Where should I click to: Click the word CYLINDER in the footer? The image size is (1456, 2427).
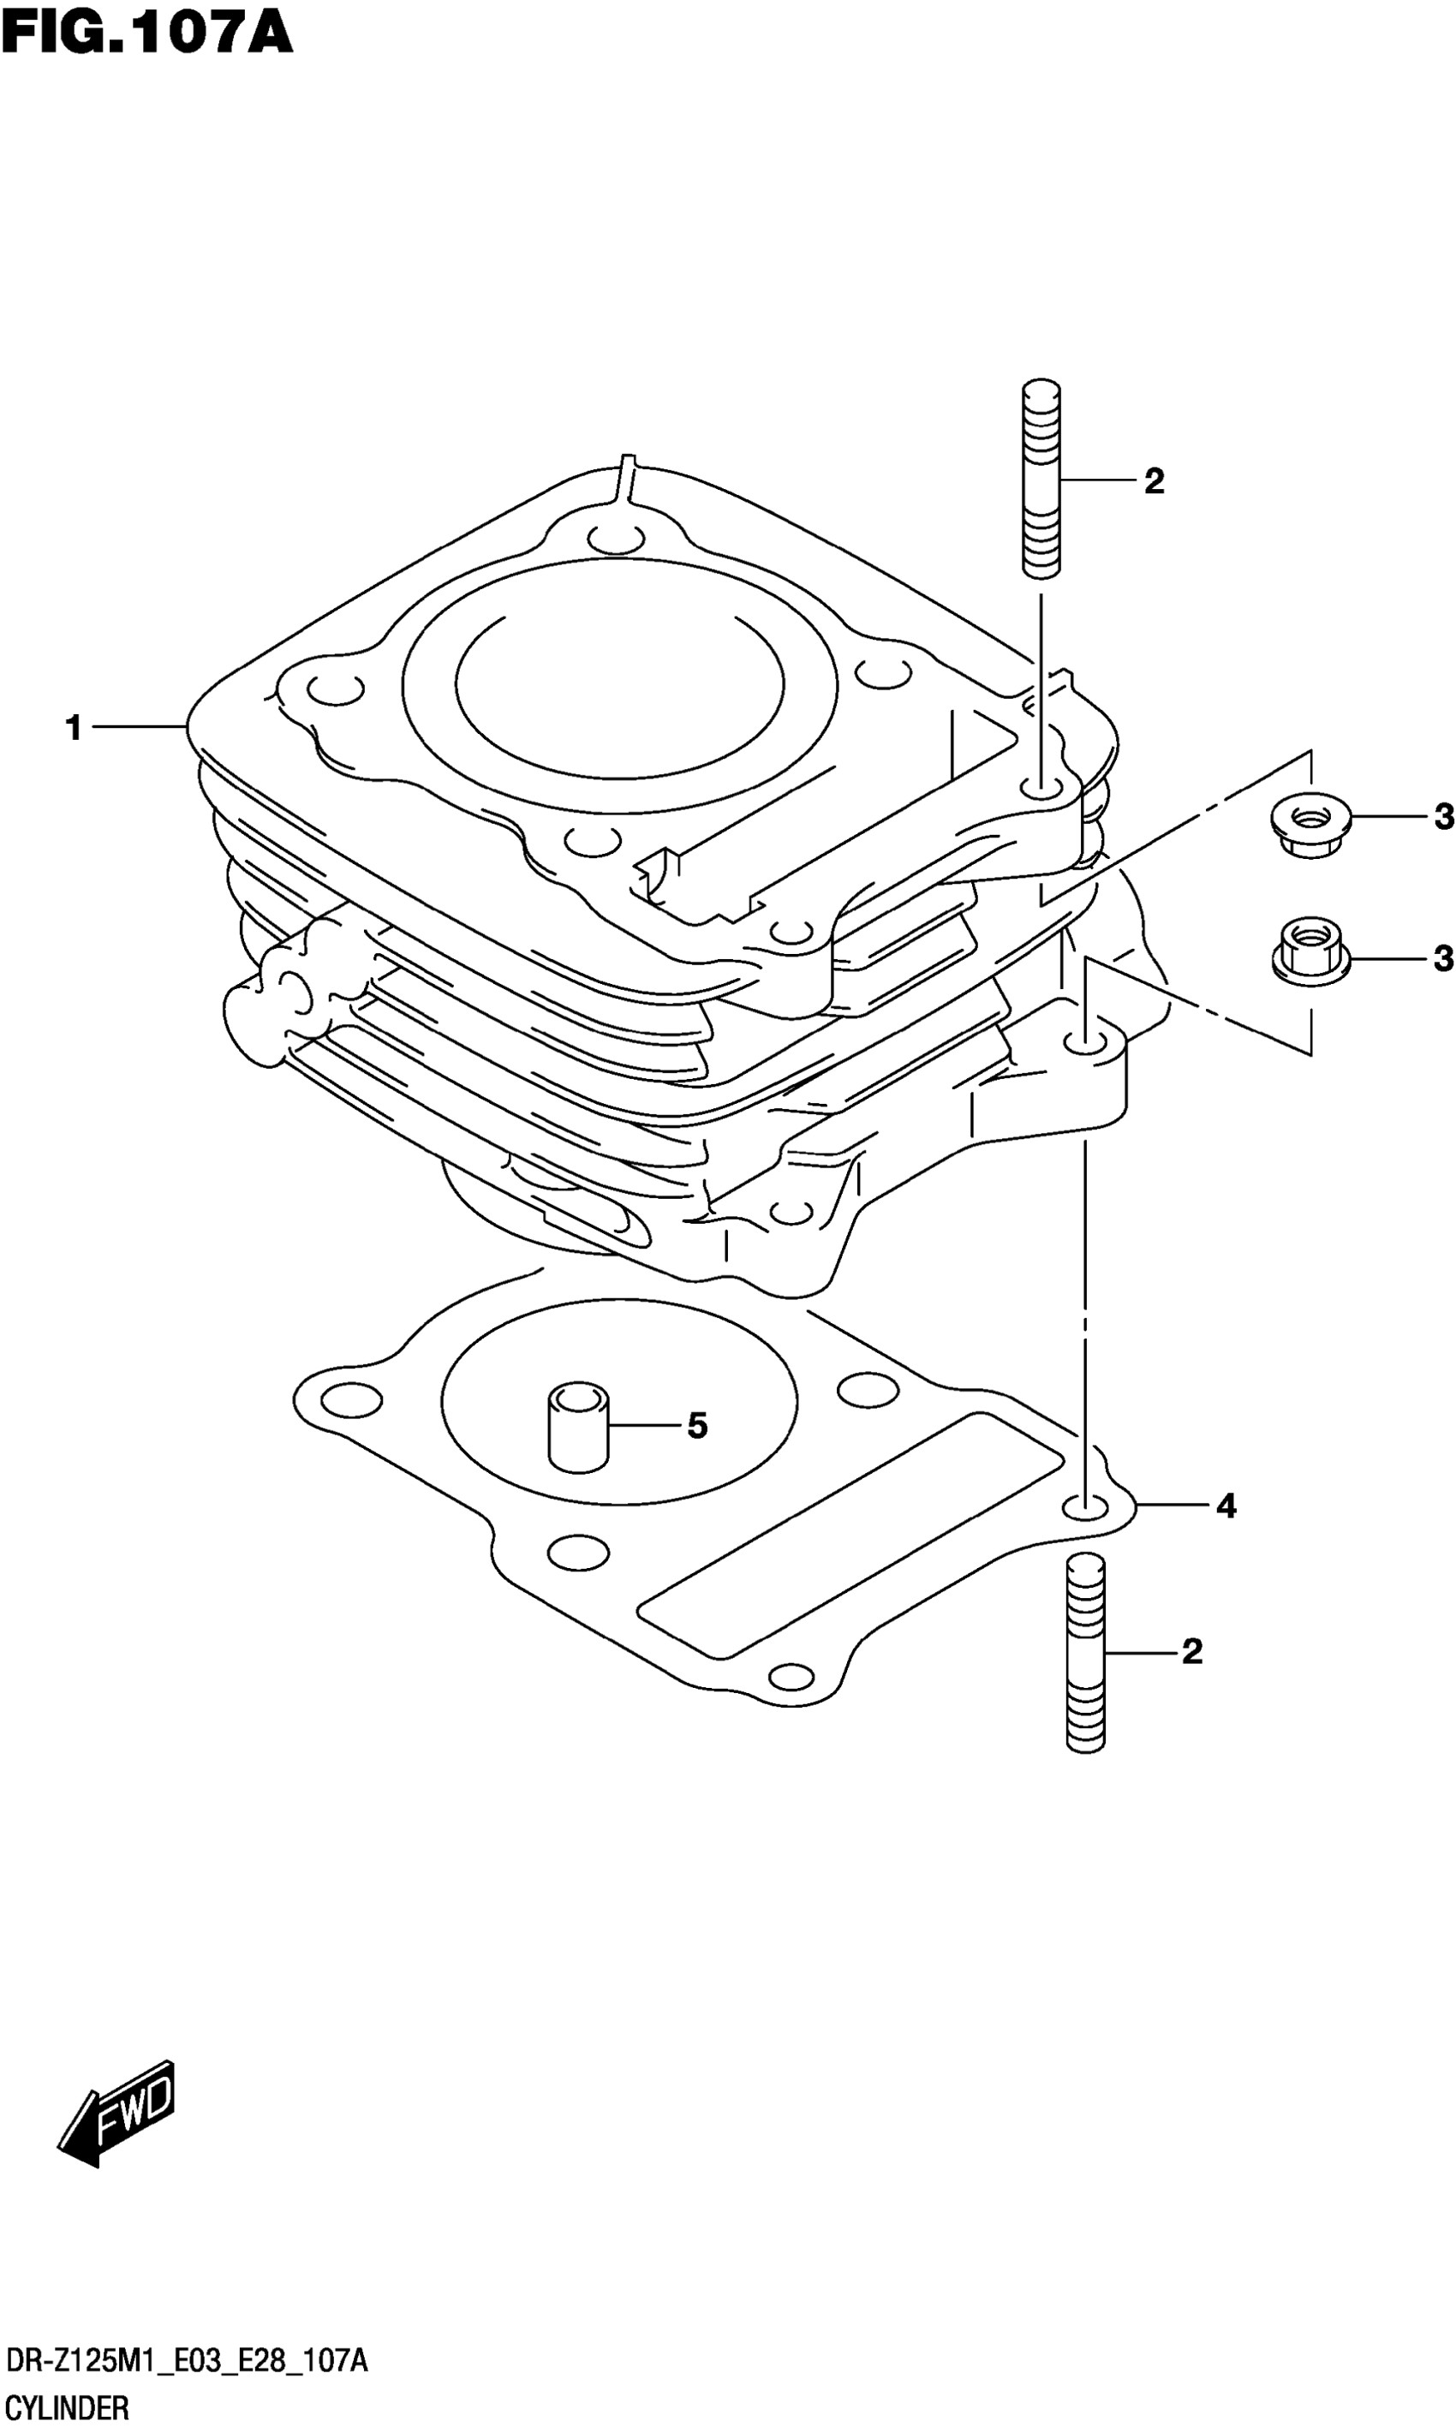(x=67, y=2400)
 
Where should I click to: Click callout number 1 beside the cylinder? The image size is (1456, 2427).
(x=74, y=728)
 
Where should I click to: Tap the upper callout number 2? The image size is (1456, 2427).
(x=1154, y=481)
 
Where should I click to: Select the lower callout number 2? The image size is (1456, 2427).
(x=1191, y=1652)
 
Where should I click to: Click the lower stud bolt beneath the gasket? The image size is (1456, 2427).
(x=1085, y=1652)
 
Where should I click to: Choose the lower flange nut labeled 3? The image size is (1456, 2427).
(x=1309, y=945)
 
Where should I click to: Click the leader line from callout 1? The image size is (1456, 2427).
(x=137, y=727)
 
